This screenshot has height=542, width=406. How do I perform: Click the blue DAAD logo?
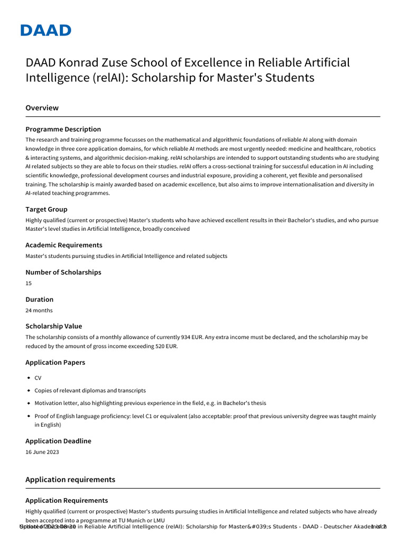coord(45,30)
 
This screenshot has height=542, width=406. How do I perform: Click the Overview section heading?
coord(42,108)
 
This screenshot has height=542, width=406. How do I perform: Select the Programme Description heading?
coord(63,129)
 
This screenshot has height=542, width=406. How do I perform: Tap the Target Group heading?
coord(47,210)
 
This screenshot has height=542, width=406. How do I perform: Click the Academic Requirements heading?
coord(64,245)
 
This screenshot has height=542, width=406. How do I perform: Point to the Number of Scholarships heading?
coord(63,272)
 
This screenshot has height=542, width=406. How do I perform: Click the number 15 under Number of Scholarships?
coord(29,283)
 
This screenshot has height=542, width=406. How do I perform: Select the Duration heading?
coord(40,299)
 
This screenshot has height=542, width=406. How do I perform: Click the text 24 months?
coord(39,310)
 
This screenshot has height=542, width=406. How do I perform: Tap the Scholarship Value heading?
coord(54,326)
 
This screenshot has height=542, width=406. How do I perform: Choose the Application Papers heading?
coord(55,363)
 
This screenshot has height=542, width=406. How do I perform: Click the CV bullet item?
coord(38,378)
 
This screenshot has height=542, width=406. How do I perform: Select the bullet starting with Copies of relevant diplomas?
coord(90,391)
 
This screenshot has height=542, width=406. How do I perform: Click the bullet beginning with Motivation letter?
coord(150,403)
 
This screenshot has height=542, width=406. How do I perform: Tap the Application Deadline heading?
coord(58,441)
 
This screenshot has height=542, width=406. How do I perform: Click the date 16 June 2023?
coord(42,452)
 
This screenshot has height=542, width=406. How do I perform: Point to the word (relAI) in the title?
coord(110,78)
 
